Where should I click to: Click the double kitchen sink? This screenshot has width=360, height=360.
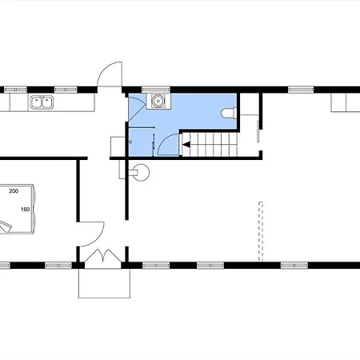tap(42, 102)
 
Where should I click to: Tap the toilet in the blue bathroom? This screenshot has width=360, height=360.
tap(229, 113)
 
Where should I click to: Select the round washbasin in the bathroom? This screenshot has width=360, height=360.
tap(158, 101)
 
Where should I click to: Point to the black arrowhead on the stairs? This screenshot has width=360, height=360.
tap(186, 145)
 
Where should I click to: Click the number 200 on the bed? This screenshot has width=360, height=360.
tap(14, 191)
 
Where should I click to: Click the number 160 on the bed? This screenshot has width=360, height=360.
tap(26, 210)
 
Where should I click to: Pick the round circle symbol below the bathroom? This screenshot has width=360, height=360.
tap(141, 172)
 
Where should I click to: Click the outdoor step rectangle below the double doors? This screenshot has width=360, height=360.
tap(104, 283)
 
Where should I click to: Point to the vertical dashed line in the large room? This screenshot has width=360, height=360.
tap(261, 231)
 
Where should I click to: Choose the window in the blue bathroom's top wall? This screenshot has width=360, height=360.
tap(156, 90)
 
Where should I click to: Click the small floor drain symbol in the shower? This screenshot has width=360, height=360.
tap(130, 142)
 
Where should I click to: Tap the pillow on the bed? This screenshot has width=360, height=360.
tap(5, 227)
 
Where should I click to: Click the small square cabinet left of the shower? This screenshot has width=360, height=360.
tap(118, 146)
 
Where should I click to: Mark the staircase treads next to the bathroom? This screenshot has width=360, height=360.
tap(210, 145)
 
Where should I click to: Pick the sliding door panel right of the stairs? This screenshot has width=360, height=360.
tap(258, 131)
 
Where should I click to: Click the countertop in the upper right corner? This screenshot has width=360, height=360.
tap(346, 102)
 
